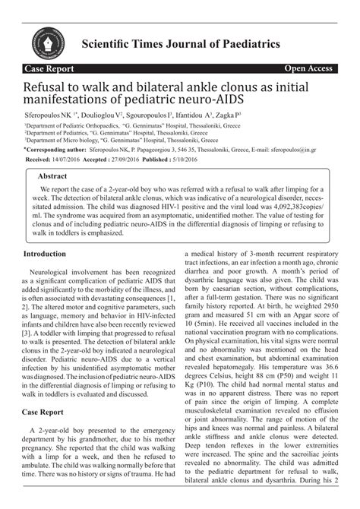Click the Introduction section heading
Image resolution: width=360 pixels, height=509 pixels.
click(x=50, y=253)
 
